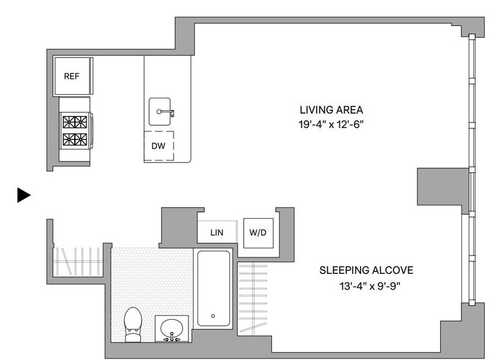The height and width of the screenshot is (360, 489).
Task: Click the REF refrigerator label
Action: (x=72, y=76)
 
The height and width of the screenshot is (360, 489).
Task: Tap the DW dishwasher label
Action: (x=158, y=145)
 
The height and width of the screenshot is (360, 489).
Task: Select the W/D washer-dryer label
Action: (x=258, y=232)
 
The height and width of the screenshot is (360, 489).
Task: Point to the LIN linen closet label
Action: (x=217, y=232)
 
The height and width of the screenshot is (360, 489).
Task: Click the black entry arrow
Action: (x=24, y=196)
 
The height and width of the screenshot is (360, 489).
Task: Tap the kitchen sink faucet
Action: (x=166, y=112)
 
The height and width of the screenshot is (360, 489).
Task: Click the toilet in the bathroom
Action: (x=133, y=325)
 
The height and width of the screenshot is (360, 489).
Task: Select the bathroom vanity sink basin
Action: (x=172, y=329)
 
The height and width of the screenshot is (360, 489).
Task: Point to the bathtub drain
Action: (x=213, y=316)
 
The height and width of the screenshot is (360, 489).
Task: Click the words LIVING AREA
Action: (x=331, y=110)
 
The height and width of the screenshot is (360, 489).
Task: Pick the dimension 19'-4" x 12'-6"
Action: (x=331, y=125)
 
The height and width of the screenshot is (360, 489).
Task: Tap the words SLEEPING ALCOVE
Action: (x=366, y=270)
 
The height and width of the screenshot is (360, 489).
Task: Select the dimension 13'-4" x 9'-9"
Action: (x=370, y=286)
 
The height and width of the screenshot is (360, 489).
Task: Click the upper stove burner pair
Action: (x=75, y=122)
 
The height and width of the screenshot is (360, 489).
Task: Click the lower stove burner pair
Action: (x=75, y=139)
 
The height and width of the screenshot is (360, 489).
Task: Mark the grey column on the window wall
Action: (x=443, y=186)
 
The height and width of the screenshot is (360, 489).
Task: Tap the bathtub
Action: (x=213, y=288)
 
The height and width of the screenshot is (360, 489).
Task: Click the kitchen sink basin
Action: (x=160, y=112)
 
